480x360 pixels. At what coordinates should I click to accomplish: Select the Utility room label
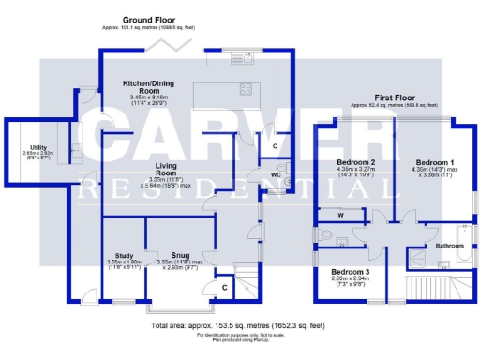[x=38, y=147]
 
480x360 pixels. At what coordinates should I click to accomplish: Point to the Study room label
[x=124, y=255]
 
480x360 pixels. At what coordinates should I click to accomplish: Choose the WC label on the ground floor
[x=265, y=173]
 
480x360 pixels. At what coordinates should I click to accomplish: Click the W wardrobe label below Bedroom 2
[x=339, y=215]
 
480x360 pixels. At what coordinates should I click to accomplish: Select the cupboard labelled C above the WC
[x=273, y=147]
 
